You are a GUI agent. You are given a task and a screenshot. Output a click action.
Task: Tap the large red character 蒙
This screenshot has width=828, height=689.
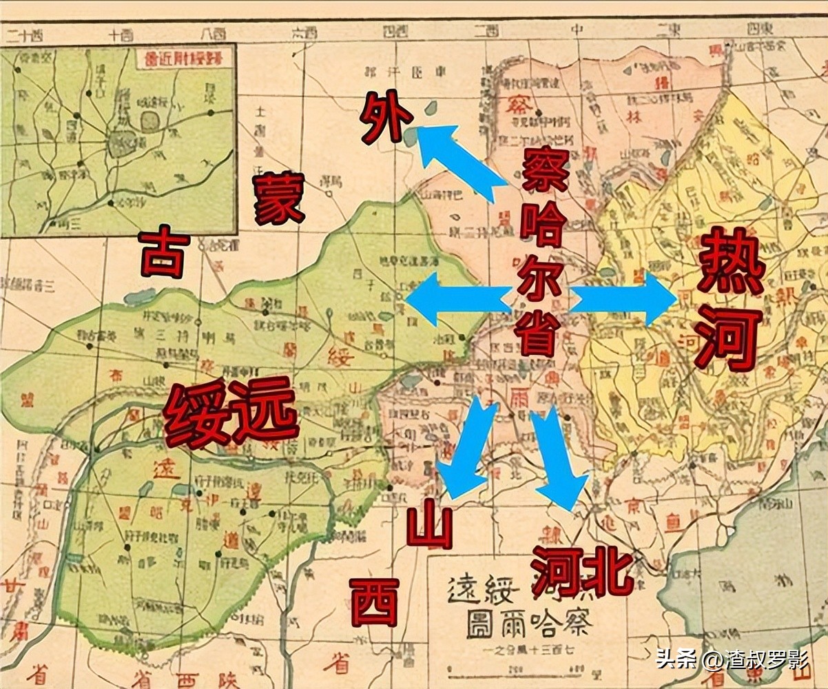tap(280, 199)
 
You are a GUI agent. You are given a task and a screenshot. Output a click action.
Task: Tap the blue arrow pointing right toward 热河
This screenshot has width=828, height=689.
tap(624, 299)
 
